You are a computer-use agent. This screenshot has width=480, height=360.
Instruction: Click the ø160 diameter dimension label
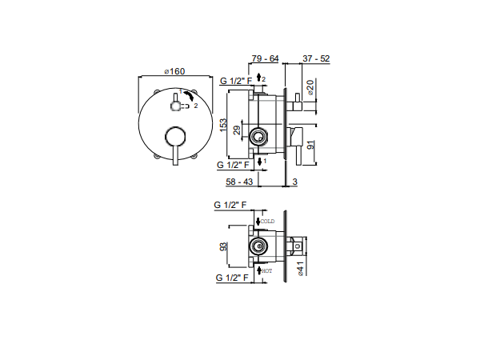point(174,71)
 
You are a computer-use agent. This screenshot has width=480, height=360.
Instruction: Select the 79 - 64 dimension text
point(265,58)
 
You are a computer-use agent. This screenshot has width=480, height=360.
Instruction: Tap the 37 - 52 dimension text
point(316,58)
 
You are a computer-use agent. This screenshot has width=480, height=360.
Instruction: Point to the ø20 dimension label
point(310,87)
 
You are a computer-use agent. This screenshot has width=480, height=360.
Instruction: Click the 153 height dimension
point(223,125)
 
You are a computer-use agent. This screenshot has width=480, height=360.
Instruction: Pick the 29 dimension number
point(237,130)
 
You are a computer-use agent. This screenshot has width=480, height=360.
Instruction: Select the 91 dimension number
point(310,145)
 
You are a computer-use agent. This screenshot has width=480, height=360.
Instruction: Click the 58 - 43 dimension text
point(239,182)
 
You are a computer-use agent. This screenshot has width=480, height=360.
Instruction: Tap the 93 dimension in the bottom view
point(223,246)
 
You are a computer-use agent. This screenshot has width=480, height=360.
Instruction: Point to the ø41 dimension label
point(301,269)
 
